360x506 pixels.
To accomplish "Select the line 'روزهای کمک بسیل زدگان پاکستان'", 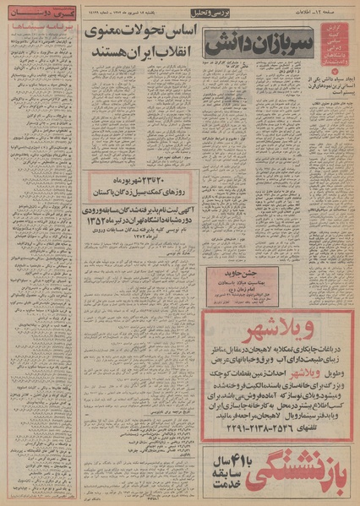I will pos(150,191).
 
